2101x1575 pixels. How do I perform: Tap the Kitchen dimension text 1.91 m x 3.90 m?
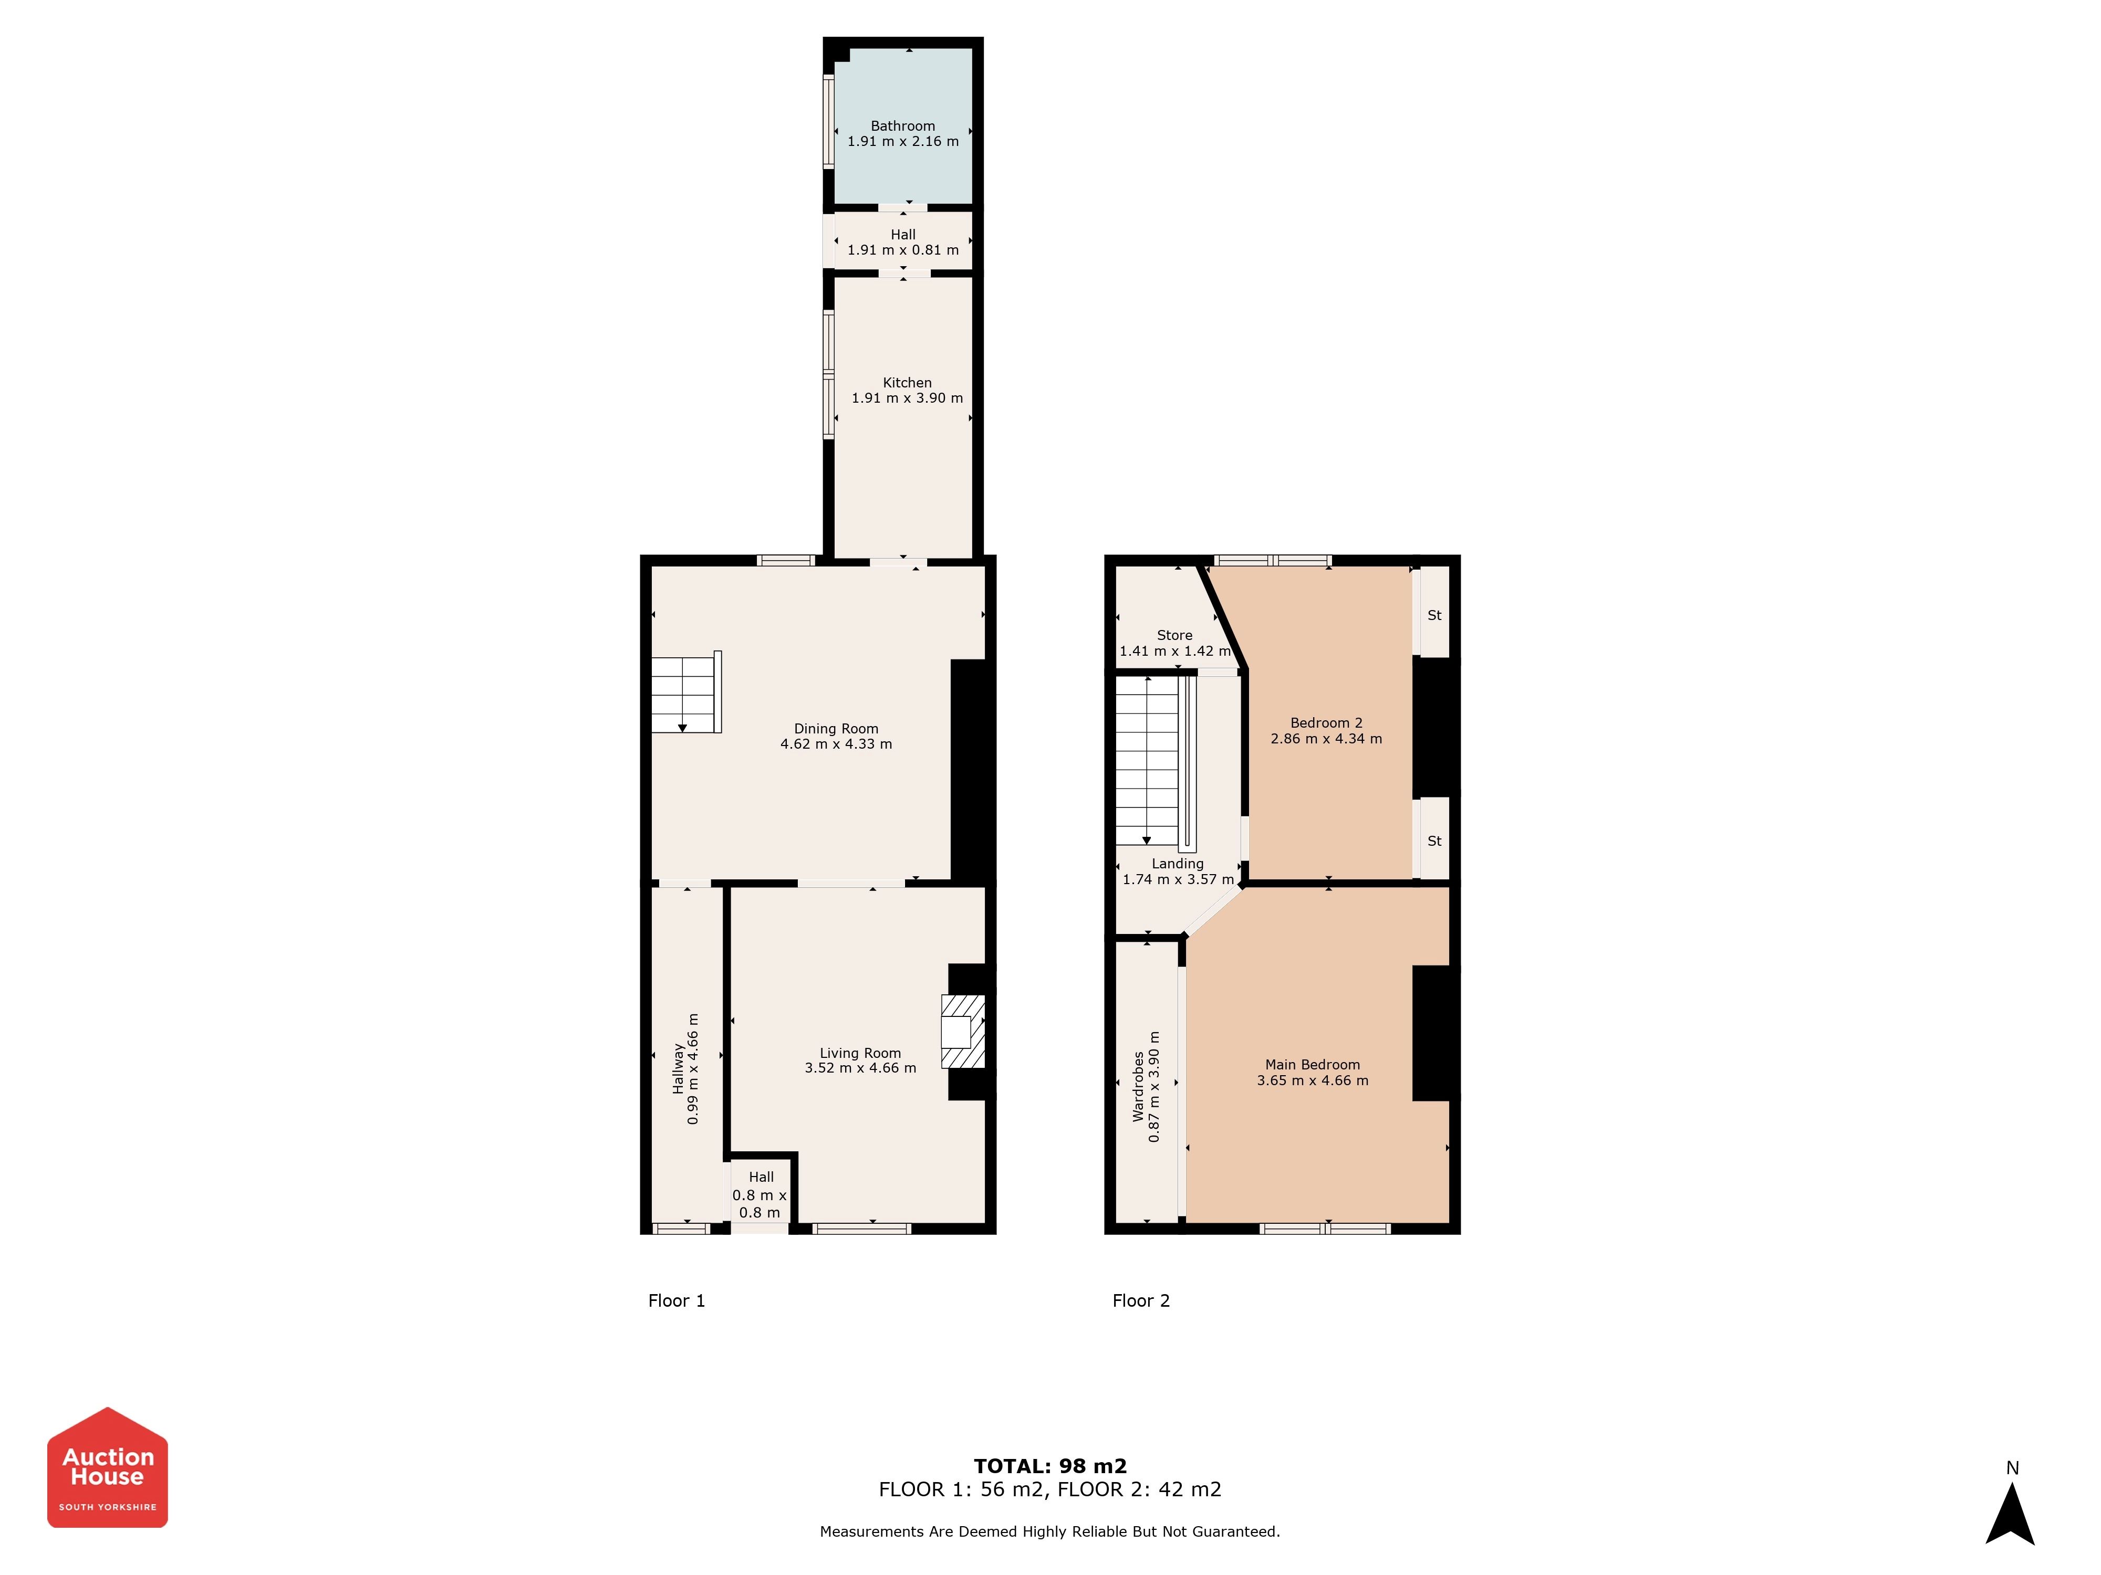tap(907, 398)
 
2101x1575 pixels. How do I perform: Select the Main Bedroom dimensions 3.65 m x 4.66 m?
tap(1313, 1080)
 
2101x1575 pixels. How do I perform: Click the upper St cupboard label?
tap(1434, 615)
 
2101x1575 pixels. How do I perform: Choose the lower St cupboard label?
tap(1434, 841)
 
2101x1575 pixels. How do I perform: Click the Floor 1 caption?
tap(677, 1300)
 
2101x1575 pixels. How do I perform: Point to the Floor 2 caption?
tap(1141, 1300)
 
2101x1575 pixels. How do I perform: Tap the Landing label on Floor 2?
tap(1178, 864)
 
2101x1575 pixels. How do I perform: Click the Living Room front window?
tap(862, 1228)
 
